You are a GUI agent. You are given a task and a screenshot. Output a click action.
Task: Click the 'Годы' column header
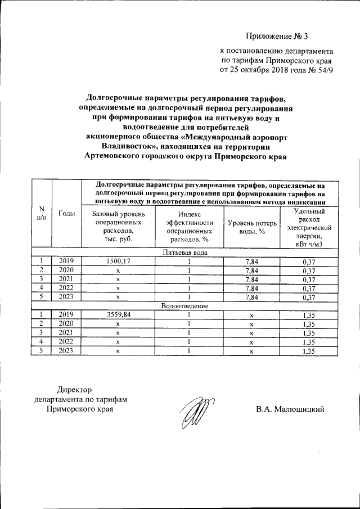[x=67, y=213]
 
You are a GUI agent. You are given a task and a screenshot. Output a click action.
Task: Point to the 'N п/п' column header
[x=42, y=213]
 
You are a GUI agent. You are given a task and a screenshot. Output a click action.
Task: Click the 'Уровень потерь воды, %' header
[x=252, y=228]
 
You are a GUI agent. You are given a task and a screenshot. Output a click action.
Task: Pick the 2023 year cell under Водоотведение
[x=67, y=352]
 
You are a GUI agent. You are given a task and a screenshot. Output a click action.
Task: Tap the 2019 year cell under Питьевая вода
[x=67, y=261]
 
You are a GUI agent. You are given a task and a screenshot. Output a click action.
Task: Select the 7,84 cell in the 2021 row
[x=252, y=279]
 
